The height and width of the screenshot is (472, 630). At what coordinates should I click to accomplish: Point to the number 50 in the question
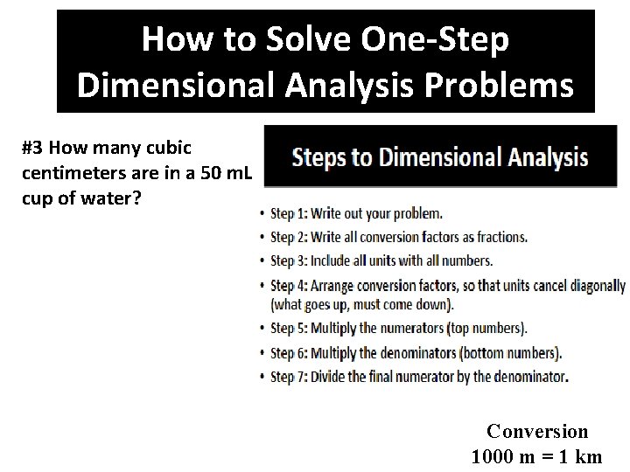tap(211, 173)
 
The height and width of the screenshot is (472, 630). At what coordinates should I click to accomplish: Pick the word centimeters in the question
tap(72, 173)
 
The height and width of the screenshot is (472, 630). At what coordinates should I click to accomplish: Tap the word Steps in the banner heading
tap(323, 158)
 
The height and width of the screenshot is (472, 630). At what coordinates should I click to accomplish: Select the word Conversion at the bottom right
tap(537, 431)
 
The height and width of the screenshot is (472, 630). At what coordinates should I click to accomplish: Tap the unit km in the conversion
tap(589, 455)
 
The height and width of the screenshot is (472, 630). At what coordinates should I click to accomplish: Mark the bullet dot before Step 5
tap(262, 330)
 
